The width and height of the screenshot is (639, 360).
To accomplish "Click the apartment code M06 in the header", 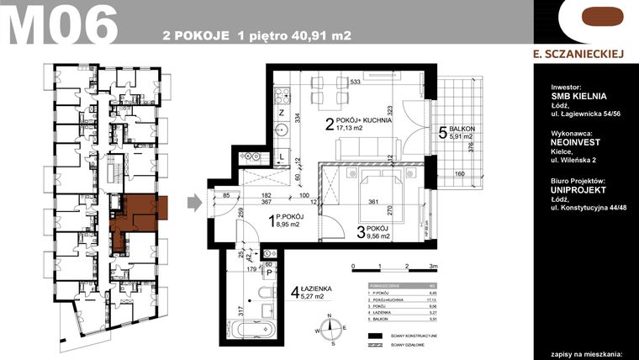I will tap(61, 25).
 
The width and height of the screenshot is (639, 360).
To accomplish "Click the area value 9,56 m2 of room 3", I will tap(376, 237).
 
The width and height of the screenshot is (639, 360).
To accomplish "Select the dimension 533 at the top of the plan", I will tap(355, 82).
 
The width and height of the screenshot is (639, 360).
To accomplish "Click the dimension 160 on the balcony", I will tap(460, 175).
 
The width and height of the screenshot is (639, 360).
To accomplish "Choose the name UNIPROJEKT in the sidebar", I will tap(577, 191).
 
